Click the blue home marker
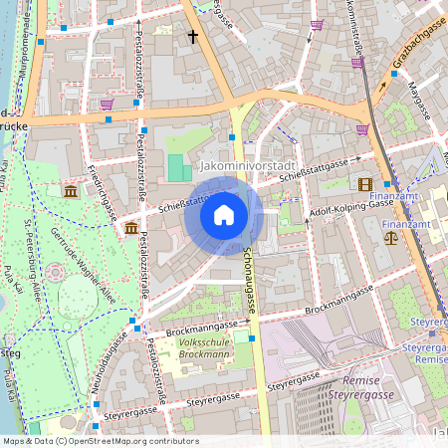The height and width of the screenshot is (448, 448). pos(224,215)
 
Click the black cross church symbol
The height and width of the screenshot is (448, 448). pos(193,37)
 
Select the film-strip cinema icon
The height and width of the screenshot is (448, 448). pos(365,184)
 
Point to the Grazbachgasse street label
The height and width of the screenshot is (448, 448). pos(417,47)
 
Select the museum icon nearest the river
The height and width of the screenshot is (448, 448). pos(70,190)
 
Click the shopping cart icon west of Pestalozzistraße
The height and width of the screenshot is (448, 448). pos(107,104)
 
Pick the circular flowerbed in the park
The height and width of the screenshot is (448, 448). pos(55,272)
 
